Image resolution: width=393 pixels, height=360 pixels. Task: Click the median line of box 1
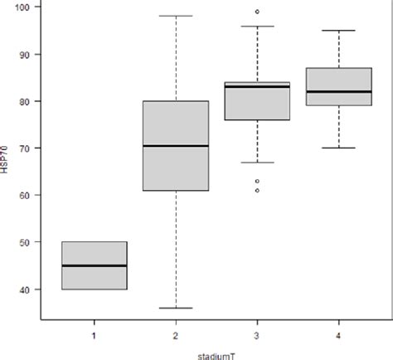point(94,266)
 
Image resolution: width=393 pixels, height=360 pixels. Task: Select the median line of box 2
point(175,146)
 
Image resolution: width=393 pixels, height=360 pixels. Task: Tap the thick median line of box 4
point(338,91)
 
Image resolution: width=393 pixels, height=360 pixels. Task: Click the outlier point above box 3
point(257,12)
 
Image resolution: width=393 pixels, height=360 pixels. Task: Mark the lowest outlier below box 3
point(257,190)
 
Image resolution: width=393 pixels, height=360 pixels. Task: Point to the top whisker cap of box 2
point(175,16)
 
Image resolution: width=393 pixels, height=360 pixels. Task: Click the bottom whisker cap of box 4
point(338,148)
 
